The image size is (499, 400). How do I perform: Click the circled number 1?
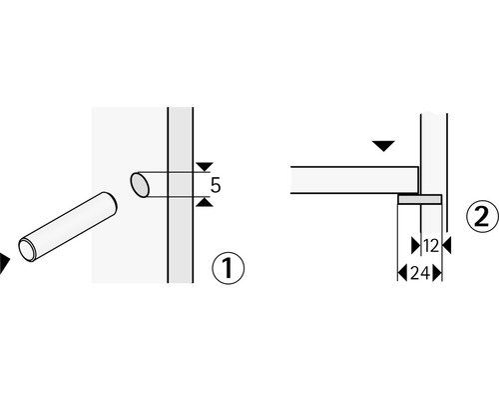click(x=228, y=268)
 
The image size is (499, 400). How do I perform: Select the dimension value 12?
click(x=431, y=244)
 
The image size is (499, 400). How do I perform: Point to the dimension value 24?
click(x=419, y=272)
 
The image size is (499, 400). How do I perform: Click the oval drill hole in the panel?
click(x=141, y=185)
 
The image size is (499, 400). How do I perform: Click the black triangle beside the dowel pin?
click(x=4, y=262)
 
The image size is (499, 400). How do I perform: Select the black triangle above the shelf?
click(x=382, y=148)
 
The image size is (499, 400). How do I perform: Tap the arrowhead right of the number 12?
click(x=445, y=244)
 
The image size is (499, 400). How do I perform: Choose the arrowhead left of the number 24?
click(x=401, y=272)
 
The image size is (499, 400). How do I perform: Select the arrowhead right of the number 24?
click(x=438, y=272)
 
